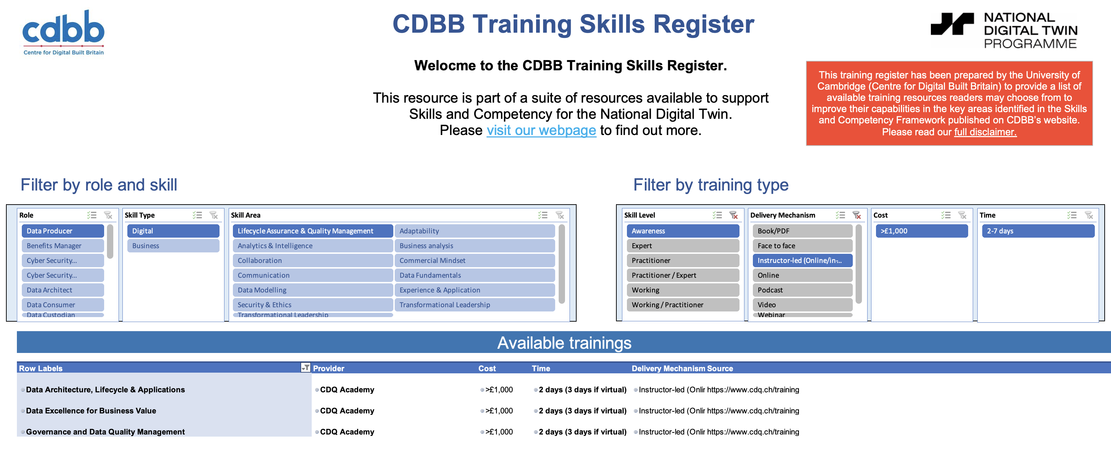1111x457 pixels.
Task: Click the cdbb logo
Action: coord(63,33)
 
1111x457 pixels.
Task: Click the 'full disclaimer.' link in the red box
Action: coord(985,132)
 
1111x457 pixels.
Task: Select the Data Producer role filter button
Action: coord(63,231)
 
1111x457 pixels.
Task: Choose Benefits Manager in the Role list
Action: coord(63,246)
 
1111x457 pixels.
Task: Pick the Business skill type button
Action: coord(173,246)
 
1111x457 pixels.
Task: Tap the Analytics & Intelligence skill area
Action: coord(313,246)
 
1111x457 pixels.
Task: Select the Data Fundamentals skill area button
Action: coord(475,275)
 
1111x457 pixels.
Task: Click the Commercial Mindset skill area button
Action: coord(475,260)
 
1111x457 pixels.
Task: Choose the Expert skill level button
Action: coord(683,246)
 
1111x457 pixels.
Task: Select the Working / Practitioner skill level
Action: coord(683,305)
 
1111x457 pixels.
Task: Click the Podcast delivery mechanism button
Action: coord(802,290)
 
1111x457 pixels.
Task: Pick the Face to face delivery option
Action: coord(802,246)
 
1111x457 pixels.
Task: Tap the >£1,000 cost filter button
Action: coord(922,231)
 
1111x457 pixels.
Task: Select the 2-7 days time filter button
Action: coord(1038,231)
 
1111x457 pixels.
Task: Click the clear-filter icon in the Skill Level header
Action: coord(733,215)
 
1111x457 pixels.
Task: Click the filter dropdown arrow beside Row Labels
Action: coord(305,368)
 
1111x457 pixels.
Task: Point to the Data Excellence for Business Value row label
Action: coord(91,411)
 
